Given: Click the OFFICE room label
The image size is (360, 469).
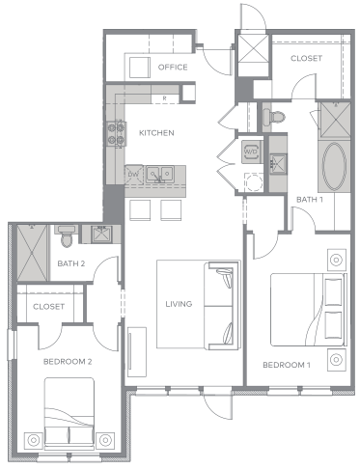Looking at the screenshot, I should tap(173, 67).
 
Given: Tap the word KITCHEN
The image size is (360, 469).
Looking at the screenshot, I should tap(156, 133).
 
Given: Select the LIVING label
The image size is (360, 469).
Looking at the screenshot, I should tap(179, 304).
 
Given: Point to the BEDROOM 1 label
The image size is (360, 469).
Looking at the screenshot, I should tap(287, 365).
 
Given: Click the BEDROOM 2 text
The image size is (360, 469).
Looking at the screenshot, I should tap(68, 361).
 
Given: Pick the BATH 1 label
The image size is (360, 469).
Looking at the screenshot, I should tap(308, 200).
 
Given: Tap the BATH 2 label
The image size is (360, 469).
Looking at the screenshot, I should tap(71, 263).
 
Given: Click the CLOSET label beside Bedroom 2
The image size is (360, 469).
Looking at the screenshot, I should tap(48, 306).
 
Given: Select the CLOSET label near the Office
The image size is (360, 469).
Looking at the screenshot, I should tap(306, 59).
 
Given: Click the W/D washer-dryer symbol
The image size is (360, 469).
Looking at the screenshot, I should tap(251, 152).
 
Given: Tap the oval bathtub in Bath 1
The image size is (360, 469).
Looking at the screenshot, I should tap(337, 168).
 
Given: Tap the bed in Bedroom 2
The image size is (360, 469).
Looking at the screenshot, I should tap(69, 414).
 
